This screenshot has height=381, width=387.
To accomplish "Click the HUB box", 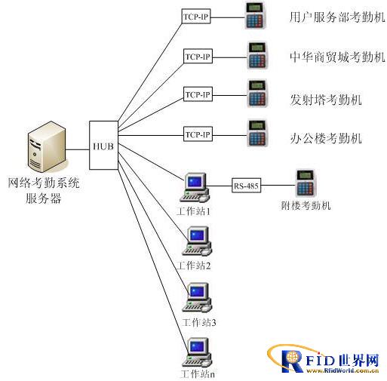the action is [103, 145].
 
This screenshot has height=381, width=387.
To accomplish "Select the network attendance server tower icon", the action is [47, 147].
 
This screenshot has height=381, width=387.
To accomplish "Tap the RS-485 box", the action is [246, 186].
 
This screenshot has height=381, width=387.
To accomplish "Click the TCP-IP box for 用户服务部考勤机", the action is [196, 17].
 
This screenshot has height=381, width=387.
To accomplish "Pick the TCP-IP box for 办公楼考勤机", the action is [198, 134].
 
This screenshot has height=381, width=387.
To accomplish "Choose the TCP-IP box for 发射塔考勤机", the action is [198, 94].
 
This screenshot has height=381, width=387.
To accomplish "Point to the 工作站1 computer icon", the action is [195, 187].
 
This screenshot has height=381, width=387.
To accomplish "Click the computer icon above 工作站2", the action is [197, 241].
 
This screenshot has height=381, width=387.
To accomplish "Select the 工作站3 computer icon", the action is [197, 297].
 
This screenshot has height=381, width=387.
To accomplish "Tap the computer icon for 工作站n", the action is [197, 352].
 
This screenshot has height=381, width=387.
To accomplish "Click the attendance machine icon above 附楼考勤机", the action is [306, 183].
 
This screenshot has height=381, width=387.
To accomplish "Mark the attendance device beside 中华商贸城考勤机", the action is [257, 55].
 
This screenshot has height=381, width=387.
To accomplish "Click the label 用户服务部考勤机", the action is [337, 17].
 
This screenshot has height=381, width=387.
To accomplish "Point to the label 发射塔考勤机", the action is [326, 100].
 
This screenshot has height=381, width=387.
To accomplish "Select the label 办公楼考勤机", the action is [326, 138].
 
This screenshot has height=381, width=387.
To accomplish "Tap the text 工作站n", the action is [198, 373].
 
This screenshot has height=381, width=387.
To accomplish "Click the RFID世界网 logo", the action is [324, 359].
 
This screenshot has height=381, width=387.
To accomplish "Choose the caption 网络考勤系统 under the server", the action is [44, 183].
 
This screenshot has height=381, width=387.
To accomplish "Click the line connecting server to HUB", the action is [78, 149].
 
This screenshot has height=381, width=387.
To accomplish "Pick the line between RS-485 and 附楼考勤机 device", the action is [278, 186].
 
